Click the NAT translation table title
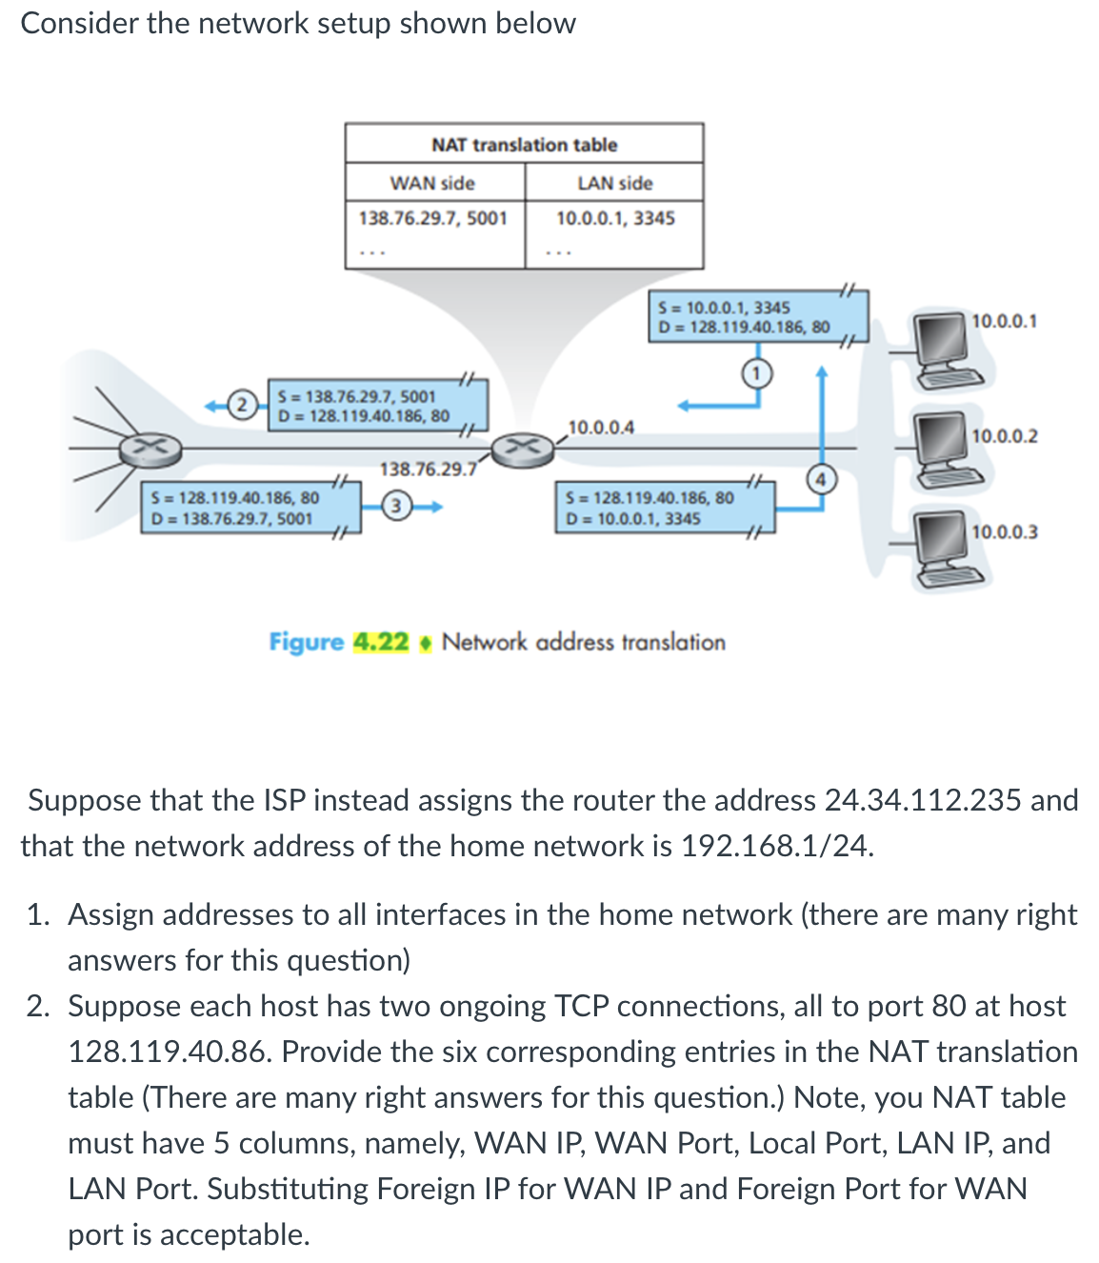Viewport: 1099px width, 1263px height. click(x=524, y=145)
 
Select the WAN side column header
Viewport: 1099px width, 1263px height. click(x=432, y=183)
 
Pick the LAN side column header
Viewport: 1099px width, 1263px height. click(x=614, y=183)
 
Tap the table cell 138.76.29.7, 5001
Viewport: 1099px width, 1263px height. click(x=433, y=218)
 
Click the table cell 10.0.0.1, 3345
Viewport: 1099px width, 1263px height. click(x=615, y=218)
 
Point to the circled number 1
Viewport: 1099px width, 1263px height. click(x=756, y=373)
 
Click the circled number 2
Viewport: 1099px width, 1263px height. click(x=243, y=405)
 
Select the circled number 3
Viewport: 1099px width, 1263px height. click(x=396, y=506)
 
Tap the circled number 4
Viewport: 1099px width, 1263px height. click(x=822, y=479)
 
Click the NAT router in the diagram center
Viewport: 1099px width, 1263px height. click(x=522, y=447)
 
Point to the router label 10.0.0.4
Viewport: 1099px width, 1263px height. click(x=601, y=427)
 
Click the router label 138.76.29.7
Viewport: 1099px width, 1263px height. click(x=428, y=469)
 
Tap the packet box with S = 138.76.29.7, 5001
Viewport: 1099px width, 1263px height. click(x=379, y=406)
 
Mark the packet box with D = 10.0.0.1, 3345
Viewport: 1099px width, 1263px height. click(x=665, y=508)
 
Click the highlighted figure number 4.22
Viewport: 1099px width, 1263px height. click(x=381, y=642)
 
